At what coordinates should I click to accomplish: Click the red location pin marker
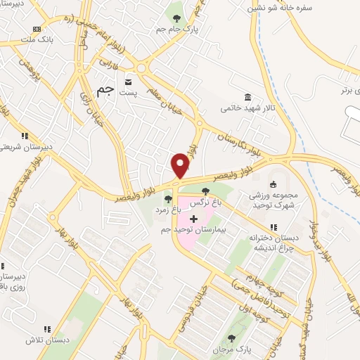[180, 165]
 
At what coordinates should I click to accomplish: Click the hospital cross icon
[193, 219]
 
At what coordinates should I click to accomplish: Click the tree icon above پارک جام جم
[176, 18]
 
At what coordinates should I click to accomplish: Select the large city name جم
[103, 91]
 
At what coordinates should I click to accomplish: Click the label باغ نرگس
[207, 200]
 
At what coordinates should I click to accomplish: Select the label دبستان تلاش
[46, 339]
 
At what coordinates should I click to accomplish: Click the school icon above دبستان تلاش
[47, 328]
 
